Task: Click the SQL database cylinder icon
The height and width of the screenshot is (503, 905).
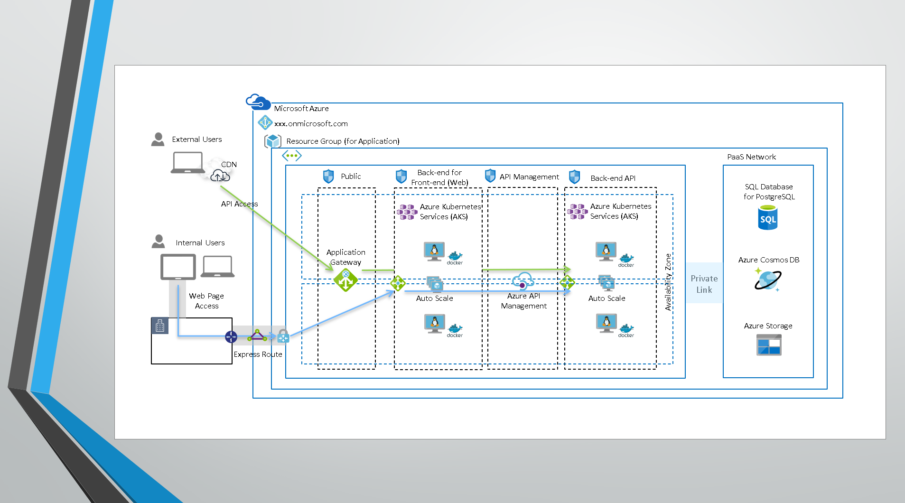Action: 768,217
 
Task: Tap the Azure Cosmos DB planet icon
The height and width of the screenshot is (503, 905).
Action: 767,280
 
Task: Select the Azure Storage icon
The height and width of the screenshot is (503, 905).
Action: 769,345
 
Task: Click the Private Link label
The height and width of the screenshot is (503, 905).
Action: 704,284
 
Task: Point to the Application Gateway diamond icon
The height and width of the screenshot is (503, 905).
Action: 345,280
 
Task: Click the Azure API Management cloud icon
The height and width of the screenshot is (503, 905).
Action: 523,281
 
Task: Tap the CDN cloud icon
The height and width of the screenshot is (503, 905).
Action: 220,176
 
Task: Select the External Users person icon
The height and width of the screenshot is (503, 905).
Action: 158,140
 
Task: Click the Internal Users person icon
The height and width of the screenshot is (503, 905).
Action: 158,242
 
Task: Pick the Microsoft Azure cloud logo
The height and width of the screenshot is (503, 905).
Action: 258,102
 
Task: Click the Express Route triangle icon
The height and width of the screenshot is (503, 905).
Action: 257,335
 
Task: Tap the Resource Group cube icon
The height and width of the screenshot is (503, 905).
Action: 273,141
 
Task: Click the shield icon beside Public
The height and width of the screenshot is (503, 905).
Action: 328,177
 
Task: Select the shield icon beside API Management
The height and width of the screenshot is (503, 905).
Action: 490,176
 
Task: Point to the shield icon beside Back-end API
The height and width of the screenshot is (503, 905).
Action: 574,177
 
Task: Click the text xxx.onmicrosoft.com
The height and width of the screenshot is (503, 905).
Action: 311,123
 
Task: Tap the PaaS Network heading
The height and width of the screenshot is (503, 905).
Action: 751,157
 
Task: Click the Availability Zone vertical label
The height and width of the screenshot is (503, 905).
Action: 668,282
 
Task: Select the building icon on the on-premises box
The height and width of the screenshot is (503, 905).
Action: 160,326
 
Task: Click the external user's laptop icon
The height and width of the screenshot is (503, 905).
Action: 188,163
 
